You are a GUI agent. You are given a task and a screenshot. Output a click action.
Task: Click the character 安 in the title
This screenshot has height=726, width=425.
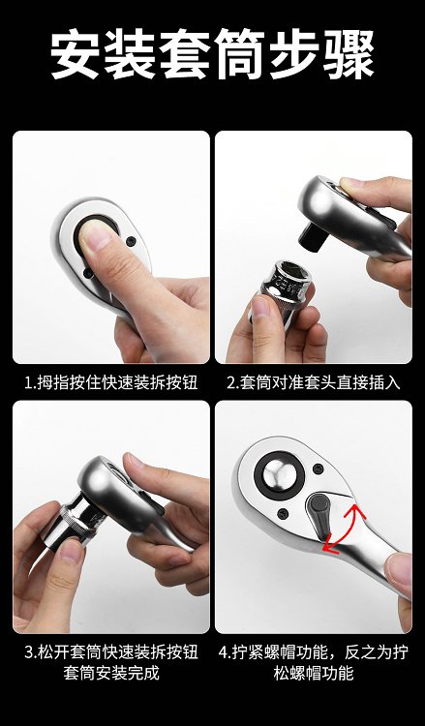point(75,54)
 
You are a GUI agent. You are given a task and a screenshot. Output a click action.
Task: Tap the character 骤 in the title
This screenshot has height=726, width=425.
point(349,54)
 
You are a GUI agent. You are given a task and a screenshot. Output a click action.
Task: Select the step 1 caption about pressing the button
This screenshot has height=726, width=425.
point(111,383)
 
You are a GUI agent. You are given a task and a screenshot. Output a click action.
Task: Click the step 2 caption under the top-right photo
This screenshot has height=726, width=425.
point(314,383)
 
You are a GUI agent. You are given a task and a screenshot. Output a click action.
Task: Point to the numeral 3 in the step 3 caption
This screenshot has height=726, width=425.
point(29,652)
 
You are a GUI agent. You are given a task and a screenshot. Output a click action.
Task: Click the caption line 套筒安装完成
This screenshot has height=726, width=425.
point(111,673)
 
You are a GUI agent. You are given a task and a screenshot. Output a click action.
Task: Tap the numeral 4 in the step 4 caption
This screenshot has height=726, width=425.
point(223,652)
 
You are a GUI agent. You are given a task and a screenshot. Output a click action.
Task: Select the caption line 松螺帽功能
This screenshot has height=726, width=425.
point(314,673)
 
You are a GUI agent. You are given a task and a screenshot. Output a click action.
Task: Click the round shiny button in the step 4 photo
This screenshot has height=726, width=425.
point(280,475)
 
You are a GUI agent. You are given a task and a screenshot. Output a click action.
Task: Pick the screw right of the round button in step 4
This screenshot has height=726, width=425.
point(318,469)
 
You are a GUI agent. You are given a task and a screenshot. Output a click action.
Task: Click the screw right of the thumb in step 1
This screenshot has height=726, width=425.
point(131,241)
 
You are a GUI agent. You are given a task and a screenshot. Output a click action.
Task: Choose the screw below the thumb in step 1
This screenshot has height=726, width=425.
point(88,274)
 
